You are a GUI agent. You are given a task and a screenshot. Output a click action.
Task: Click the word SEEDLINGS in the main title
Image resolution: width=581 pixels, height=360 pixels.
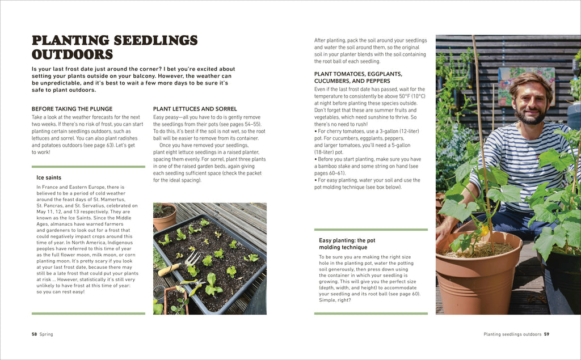155,41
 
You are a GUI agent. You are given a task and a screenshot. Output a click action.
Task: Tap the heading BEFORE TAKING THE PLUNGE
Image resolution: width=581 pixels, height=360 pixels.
72,109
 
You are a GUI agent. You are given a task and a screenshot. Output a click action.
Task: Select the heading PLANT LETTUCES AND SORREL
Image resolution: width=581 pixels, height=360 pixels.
195,109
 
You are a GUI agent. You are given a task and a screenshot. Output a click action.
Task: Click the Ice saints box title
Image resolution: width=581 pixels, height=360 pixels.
49,177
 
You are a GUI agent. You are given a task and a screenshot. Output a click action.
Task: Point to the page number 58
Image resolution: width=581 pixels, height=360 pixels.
34,334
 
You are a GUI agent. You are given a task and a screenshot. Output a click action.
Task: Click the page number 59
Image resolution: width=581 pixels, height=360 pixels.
546,334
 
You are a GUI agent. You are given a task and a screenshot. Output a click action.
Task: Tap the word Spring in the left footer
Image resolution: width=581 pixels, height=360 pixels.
47,334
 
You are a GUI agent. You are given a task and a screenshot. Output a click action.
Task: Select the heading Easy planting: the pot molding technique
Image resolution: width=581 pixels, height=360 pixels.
347,244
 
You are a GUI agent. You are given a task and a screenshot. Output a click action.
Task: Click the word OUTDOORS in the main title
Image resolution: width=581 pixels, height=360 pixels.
72,55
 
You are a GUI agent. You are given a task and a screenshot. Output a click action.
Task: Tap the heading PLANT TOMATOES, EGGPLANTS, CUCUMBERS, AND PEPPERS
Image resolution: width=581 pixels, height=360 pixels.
358,77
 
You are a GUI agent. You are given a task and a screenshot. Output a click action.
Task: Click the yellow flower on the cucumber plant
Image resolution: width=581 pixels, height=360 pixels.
483,231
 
